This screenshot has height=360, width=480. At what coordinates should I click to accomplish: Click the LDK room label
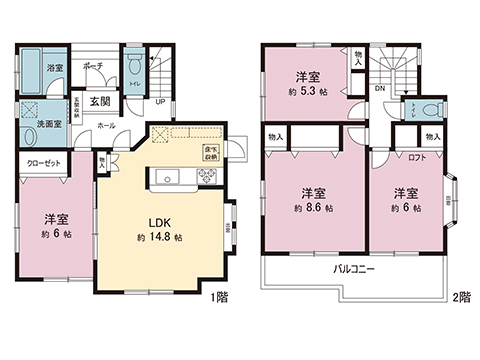click(159, 222)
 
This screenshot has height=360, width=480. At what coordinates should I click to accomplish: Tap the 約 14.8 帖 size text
click(159, 239)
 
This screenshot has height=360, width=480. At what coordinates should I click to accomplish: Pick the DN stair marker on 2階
click(379, 88)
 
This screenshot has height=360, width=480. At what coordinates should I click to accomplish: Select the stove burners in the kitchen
click(208, 177)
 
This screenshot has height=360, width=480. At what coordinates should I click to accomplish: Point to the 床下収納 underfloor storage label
click(211, 153)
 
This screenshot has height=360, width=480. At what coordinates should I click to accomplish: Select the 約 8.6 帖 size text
click(314, 210)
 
